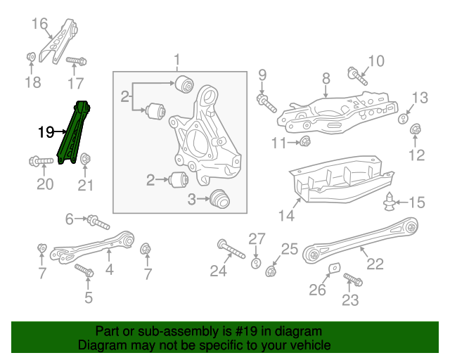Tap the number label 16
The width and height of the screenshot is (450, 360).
click(x=40, y=24)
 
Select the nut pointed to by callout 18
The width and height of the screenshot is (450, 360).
click(x=31, y=57)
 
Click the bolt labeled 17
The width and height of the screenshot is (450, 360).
click(x=76, y=62)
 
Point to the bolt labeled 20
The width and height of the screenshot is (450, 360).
click(x=41, y=161)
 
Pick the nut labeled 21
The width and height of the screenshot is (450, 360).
click(x=85, y=160)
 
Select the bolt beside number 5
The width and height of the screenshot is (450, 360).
click(x=84, y=270)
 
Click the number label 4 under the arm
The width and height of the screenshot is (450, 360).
click(x=109, y=269)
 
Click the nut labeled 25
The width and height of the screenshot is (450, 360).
click(x=271, y=270)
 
